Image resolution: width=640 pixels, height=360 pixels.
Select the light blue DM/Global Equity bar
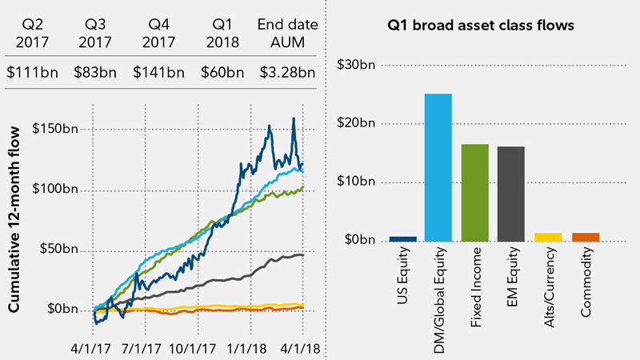click(x=438, y=167)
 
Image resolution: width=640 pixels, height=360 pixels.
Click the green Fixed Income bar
click(x=474, y=192)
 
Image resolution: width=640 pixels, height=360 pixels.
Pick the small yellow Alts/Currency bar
click(x=549, y=237)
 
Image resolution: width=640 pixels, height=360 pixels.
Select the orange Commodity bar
click(x=586, y=237)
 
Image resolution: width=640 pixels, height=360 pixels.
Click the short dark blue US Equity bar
click(x=402, y=238)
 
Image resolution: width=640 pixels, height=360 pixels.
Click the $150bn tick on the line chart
click(x=55, y=129)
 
